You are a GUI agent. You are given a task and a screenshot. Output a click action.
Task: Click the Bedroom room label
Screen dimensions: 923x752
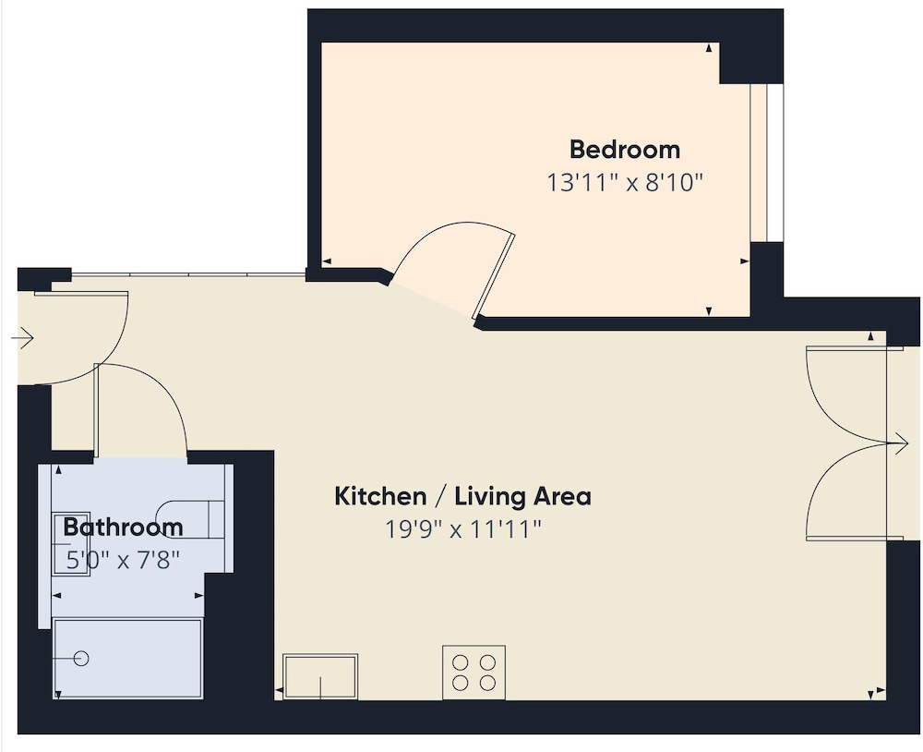click(625, 150)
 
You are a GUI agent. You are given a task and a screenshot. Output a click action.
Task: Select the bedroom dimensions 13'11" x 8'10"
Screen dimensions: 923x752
click(625, 183)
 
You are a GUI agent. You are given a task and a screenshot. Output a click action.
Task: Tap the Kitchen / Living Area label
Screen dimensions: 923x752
click(462, 496)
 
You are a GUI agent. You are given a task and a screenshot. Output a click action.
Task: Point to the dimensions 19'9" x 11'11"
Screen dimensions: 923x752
click(462, 528)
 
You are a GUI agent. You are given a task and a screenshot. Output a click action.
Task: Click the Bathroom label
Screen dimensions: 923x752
click(123, 527)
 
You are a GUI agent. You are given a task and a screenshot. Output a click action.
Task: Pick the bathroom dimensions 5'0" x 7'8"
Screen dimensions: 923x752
click(123, 560)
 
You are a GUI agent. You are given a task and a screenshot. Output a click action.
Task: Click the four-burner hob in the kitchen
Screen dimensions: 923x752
click(473, 673)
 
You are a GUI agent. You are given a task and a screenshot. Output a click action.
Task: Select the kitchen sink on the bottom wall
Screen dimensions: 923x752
click(320, 676)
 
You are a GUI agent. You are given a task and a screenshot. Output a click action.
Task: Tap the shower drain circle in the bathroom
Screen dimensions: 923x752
click(81, 659)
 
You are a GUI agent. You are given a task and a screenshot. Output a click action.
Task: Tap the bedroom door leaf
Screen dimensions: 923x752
click(494, 277)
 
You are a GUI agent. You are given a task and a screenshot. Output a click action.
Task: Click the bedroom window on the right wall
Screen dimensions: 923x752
click(767, 164)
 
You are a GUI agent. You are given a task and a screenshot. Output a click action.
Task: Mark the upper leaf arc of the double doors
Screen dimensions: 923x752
click(828, 415)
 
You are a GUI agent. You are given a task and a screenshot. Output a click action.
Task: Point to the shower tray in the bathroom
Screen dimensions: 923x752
click(127, 659)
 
